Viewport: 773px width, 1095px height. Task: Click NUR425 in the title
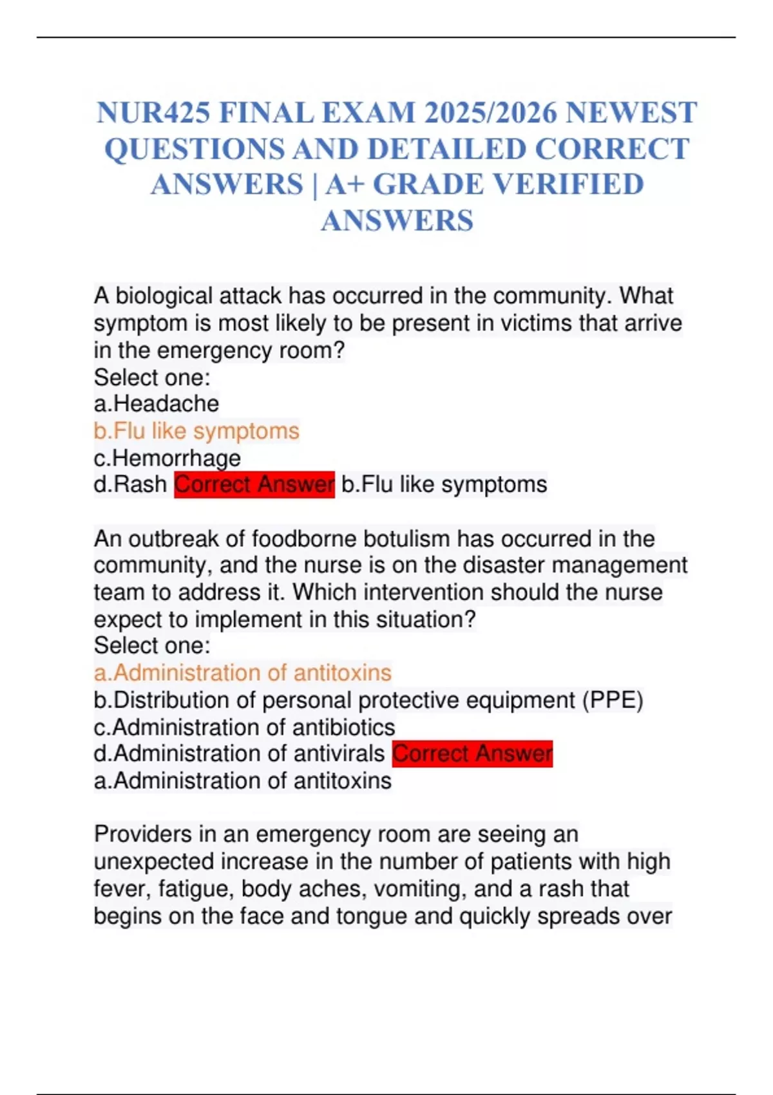pos(153,113)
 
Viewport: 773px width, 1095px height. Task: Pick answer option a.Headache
pos(157,404)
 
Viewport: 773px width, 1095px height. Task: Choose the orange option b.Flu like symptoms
pos(196,431)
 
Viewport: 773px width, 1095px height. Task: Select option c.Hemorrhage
pos(167,458)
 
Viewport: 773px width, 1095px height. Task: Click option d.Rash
pos(130,484)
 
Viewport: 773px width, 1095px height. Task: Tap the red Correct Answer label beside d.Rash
pos(254,484)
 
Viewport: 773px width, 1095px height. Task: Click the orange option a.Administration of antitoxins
pos(243,673)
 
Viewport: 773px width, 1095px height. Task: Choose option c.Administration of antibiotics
pos(244,727)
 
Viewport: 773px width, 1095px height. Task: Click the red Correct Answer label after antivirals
pos(472,754)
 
